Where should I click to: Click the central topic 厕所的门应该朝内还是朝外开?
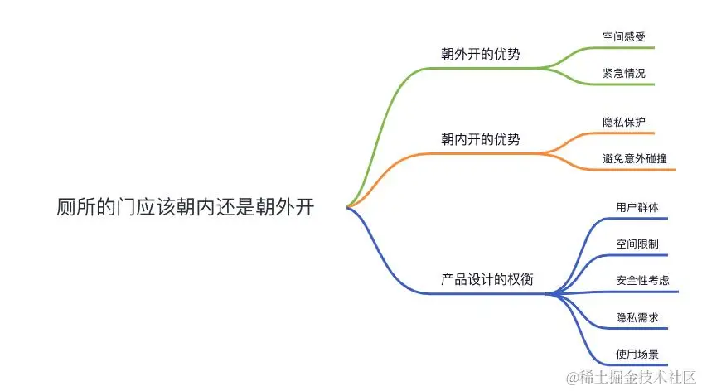pyautogui.click(x=186, y=206)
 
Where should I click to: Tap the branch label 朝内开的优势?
pyautogui.click(x=481, y=138)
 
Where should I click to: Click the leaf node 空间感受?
pyautogui.click(x=624, y=37)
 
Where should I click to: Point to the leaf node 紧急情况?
pyautogui.click(x=624, y=73)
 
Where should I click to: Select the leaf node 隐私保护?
pyautogui.click(x=624, y=121)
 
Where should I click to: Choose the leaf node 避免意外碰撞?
pyautogui.click(x=636, y=157)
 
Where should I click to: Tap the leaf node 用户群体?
pyautogui.click(x=637, y=207)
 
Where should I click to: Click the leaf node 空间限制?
pyautogui.click(x=637, y=244)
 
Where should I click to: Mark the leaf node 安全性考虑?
pyautogui.click(x=642, y=280)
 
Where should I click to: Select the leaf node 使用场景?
pyautogui.click(x=637, y=353)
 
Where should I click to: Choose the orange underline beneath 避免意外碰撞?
pyautogui.click(x=638, y=170)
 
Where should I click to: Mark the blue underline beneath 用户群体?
pyautogui.click(x=638, y=219)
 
